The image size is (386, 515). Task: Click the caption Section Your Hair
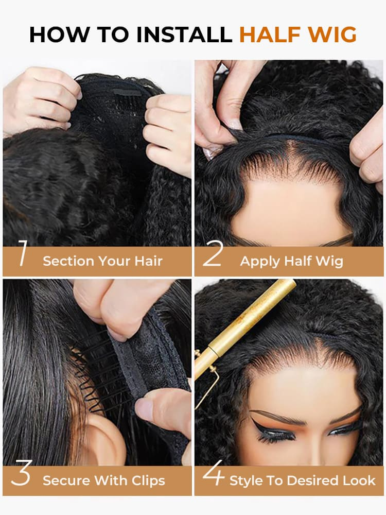[x=102, y=261]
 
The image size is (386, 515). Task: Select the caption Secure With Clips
[x=104, y=481]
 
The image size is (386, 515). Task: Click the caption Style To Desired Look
[x=302, y=481]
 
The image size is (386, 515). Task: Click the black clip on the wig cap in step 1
[x=127, y=93]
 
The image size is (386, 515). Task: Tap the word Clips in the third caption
[x=147, y=481]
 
